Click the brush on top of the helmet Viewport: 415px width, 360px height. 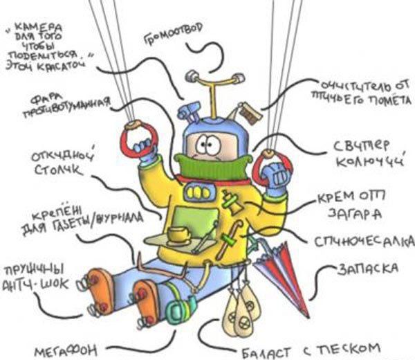[x=248, y=111]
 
